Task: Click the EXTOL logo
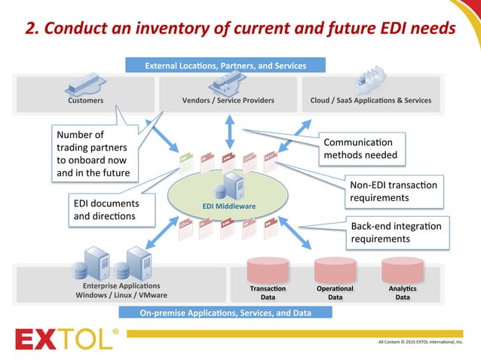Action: [66, 338]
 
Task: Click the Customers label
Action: [85, 100]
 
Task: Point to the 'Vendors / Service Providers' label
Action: [228, 100]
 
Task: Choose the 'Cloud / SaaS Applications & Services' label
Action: [371, 100]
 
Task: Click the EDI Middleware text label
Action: [229, 206]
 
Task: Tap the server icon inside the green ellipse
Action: [229, 185]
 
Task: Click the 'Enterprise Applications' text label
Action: [121, 285]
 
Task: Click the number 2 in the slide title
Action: [31, 29]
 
